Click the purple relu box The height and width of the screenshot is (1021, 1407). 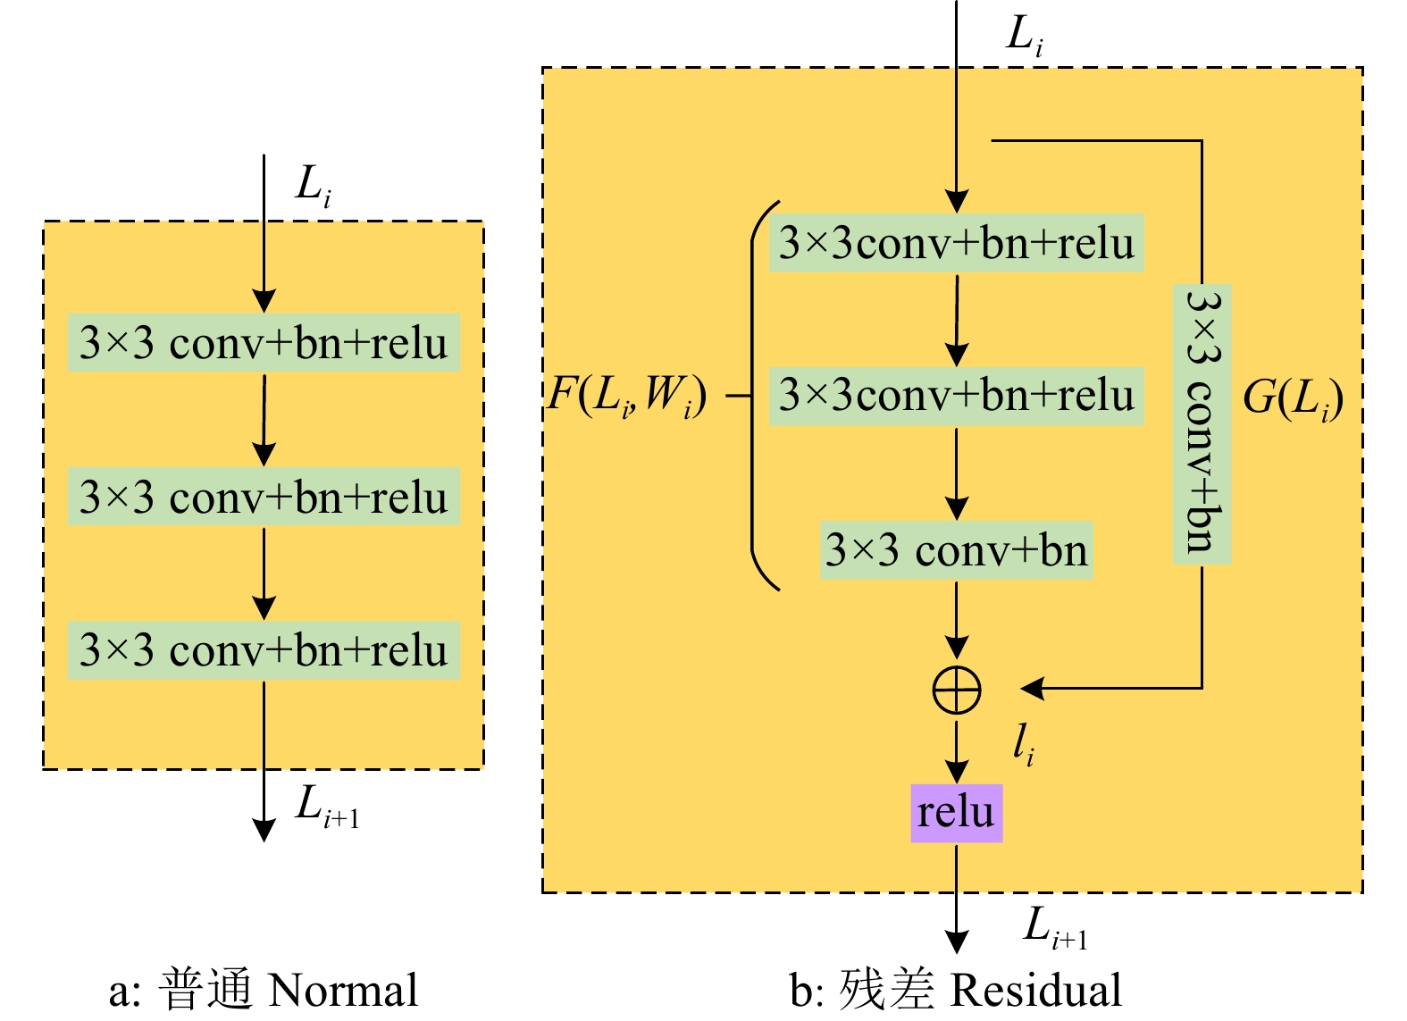(956, 813)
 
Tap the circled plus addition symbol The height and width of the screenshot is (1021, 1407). (956, 690)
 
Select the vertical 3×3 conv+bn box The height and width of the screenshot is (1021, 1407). (1202, 423)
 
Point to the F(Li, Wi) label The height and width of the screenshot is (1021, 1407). (627, 395)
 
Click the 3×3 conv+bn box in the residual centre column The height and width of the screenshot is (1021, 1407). (956, 550)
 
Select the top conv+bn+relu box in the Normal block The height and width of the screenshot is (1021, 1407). (264, 342)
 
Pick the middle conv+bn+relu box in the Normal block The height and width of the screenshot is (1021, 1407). (264, 497)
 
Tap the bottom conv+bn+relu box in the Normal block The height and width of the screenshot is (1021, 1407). (264, 650)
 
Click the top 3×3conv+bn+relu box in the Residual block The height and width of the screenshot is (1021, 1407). (956, 243)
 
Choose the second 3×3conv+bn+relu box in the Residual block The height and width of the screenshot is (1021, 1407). (956, 395)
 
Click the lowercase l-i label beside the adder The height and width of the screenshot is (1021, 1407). (1023, 743)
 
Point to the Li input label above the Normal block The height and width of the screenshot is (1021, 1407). (313, 186)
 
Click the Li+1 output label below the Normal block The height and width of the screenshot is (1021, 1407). (327, 806)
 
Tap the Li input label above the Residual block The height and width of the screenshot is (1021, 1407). (1025, 36)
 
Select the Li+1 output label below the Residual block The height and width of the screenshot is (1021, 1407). (1055, 927)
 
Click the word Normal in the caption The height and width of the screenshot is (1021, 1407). (343, 991)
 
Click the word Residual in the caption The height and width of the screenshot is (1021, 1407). (1035, 991)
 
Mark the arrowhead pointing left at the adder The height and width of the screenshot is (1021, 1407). (1033, 688)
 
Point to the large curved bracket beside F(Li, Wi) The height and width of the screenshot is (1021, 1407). (756, 395)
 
